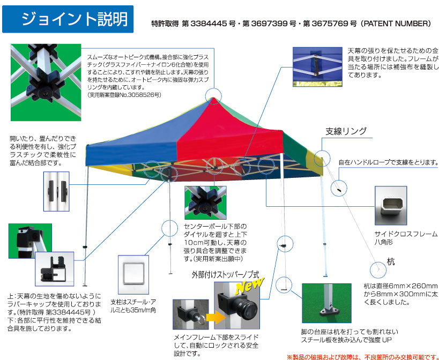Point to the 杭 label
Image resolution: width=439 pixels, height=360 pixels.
(x=391, y=261)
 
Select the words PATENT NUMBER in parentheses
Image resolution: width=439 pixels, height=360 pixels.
(x=396, y=24)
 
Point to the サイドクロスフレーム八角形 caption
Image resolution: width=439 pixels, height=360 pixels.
(x=406, y=238)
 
